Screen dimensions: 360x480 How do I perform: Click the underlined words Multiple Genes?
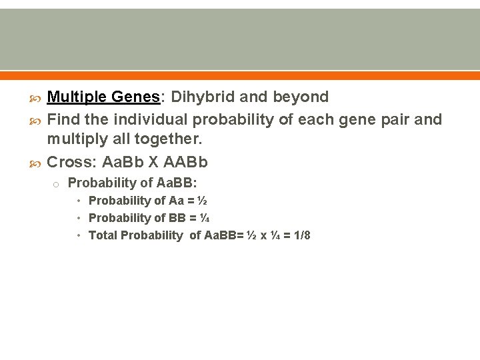[x=103, y=97]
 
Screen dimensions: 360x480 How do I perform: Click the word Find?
[x=63, y=119]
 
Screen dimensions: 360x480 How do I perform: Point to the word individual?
[x=151, y=119]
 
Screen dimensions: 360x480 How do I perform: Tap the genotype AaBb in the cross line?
[x=125, y=163]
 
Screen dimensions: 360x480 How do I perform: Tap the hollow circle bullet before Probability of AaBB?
[x=58, y=183]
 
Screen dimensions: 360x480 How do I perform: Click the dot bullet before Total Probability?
[x=79, y=235]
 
